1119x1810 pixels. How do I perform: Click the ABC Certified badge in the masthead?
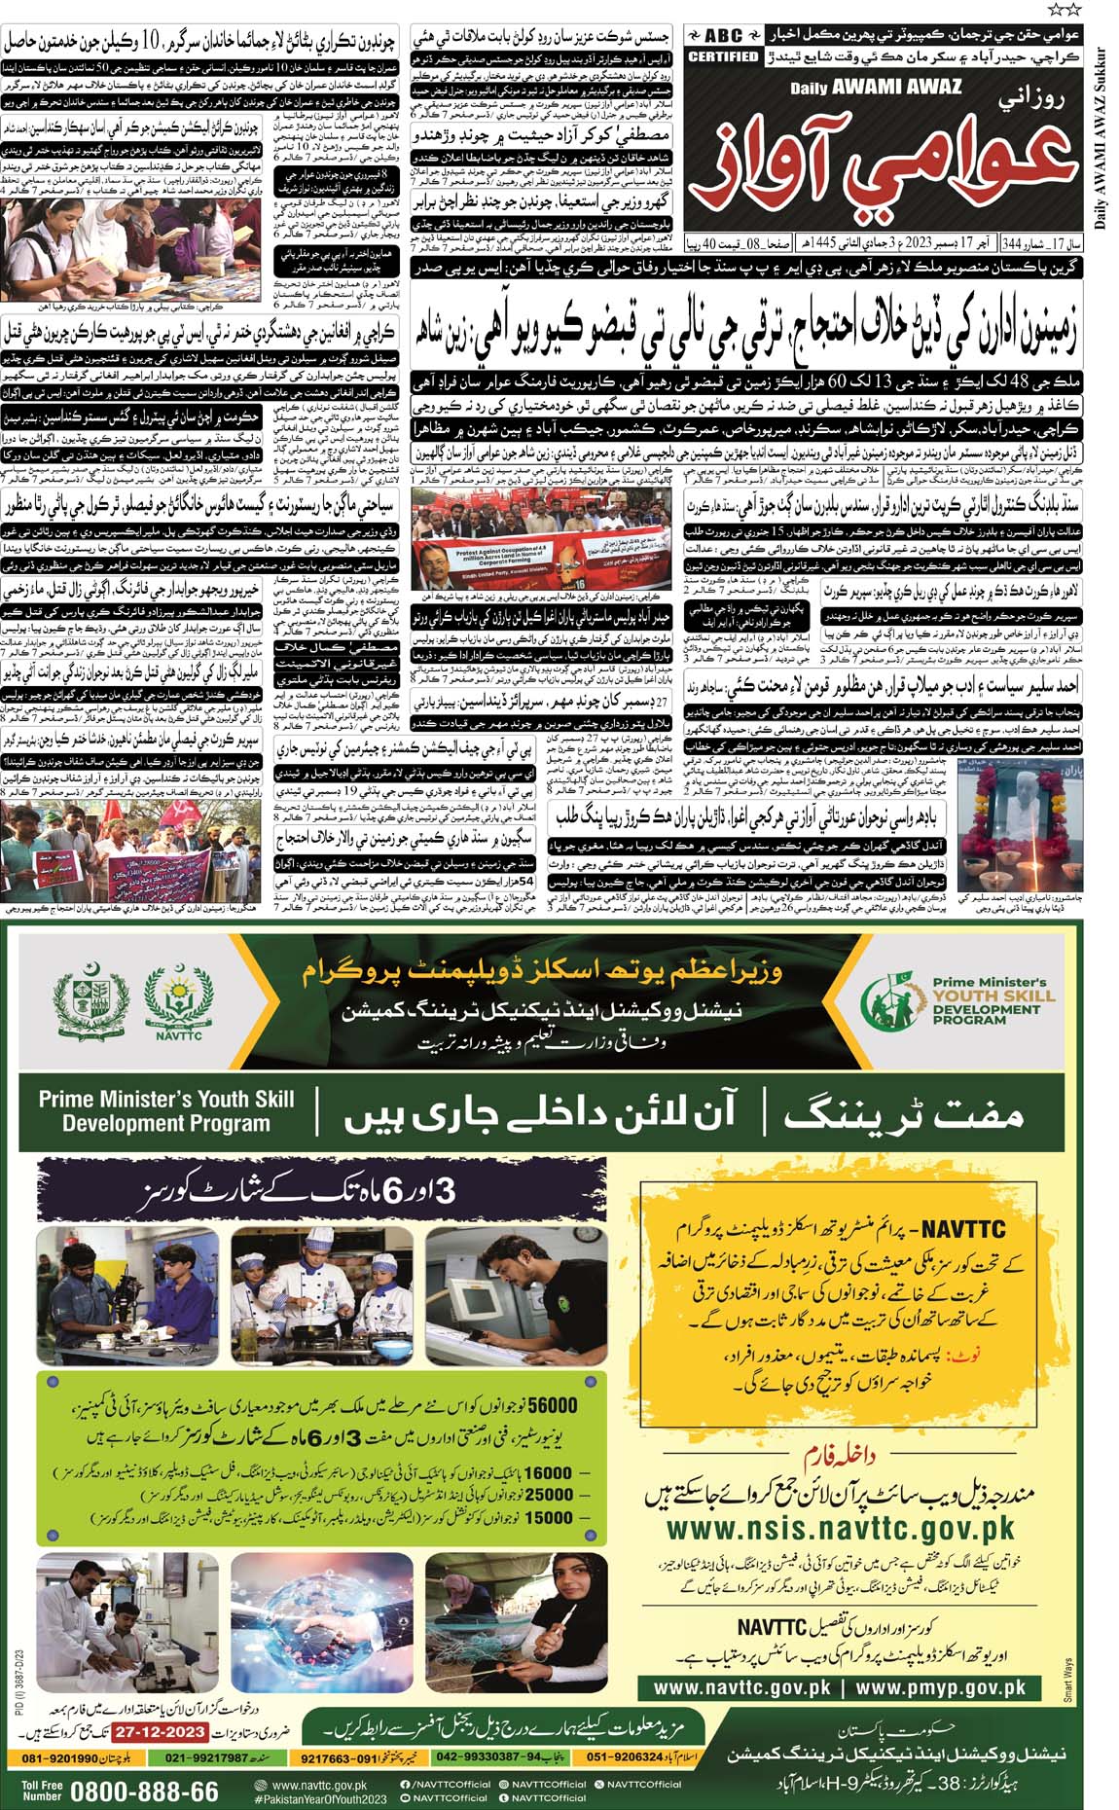pos(722,45)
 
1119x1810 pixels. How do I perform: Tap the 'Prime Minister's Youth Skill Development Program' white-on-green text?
pos(166,1111)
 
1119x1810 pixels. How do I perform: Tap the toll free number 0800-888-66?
pos(144,1792)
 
